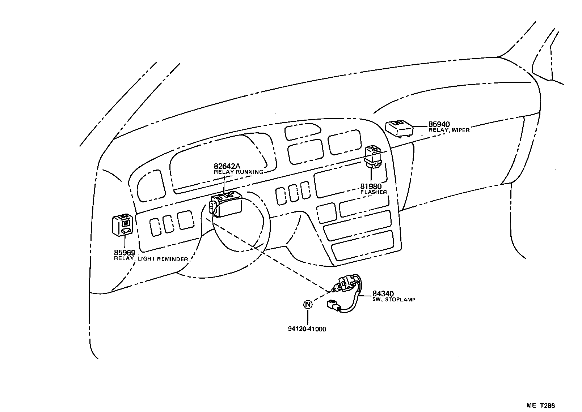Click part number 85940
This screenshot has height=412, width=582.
point(439,124)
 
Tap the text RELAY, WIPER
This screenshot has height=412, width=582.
point(449,130)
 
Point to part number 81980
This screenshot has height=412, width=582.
point(371,186)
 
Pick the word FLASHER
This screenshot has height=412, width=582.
point(374,192)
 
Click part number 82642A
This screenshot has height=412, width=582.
point(227,166)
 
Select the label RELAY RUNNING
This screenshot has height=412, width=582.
point(238,172)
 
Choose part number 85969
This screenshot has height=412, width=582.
point(125,253)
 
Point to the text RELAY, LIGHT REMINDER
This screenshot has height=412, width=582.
point(151,259)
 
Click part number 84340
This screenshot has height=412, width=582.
point(383,294)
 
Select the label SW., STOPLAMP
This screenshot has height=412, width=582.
point(394,300)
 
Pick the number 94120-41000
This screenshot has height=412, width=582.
point(307,329)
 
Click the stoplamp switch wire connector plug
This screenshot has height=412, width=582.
point(333,306)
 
